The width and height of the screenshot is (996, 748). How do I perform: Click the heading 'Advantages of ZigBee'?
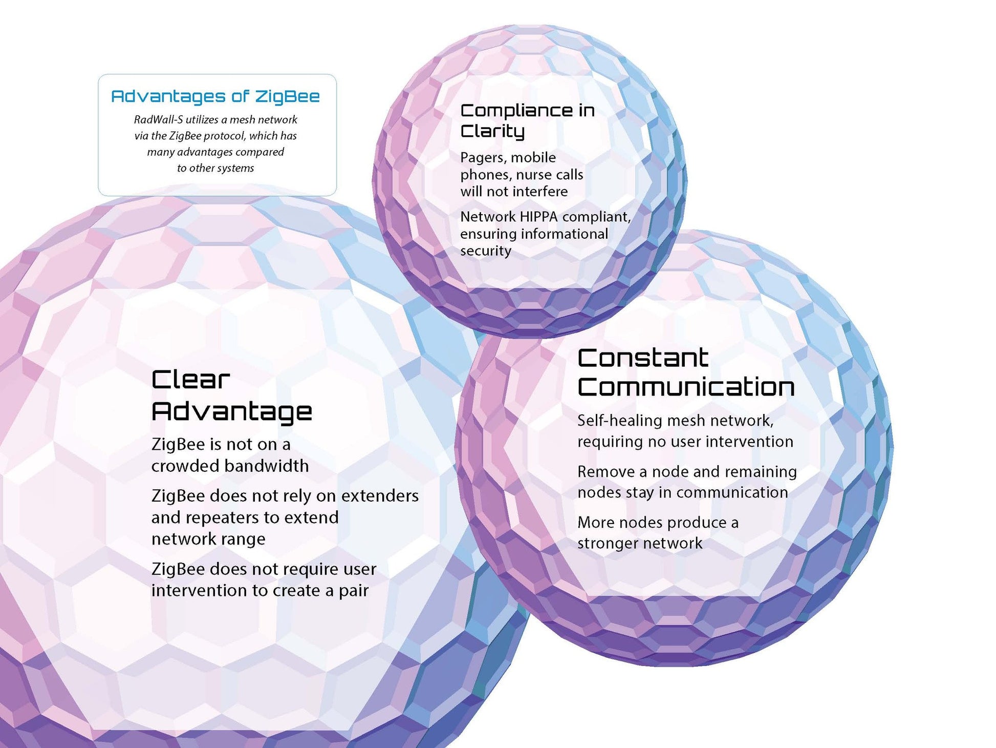[x=215, y=96]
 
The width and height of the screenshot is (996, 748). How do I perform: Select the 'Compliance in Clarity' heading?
[x=527, y=120]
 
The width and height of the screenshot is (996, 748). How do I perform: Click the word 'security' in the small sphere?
[x=486, y=251]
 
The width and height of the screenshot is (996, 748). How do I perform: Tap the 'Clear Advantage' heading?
[x=231, y=396]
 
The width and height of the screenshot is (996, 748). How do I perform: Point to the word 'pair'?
[x=354, y=591]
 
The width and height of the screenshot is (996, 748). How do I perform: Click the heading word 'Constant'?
[x=643, y=358]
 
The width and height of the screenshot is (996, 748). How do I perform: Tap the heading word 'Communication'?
[x=686, y=387]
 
